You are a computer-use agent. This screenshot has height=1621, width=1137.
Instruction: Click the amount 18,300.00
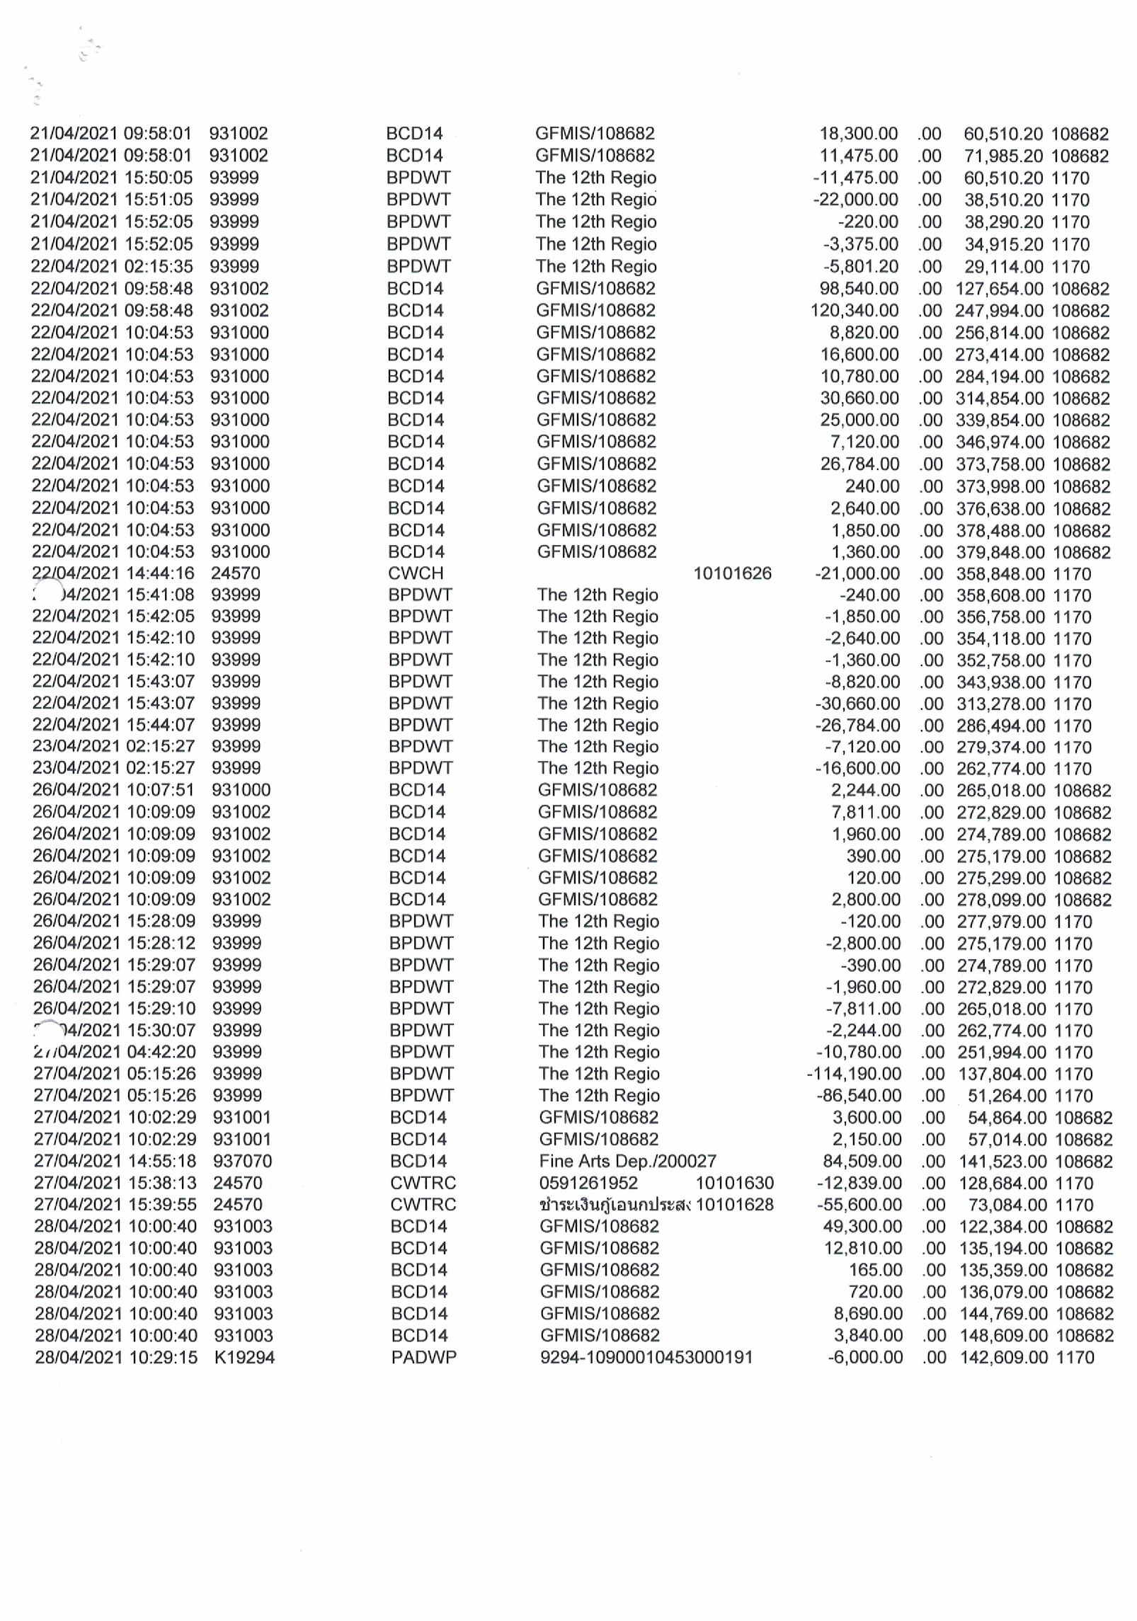[858, 134]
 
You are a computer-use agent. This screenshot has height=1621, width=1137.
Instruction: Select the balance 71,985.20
[1005, 156]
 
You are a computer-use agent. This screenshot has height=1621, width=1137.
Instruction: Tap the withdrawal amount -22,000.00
[855, 200]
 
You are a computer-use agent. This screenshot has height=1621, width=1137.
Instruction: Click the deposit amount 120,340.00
[855, 310]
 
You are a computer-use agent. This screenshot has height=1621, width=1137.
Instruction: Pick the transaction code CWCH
[416, 573]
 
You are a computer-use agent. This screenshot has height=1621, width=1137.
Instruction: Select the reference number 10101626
[732, 573]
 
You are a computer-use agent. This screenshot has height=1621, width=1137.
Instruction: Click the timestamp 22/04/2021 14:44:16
[113, 573]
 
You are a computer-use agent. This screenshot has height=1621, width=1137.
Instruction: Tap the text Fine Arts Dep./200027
[627, 1161]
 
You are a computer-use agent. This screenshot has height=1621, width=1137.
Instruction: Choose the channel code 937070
[242, 1161]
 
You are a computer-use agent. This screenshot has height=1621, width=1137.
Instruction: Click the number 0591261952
[588, 1183]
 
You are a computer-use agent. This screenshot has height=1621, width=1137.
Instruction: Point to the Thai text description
[614, 1205]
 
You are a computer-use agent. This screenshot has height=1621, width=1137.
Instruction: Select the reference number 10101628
[735, 1205]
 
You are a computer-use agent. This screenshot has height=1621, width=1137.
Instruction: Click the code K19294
[244, 1357]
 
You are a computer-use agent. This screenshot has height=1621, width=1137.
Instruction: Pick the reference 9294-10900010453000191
[646, 1357]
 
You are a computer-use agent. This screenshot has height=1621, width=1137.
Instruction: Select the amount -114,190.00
[854, 1074]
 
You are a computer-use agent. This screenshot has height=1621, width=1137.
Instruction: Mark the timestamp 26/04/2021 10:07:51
[113, 789]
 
